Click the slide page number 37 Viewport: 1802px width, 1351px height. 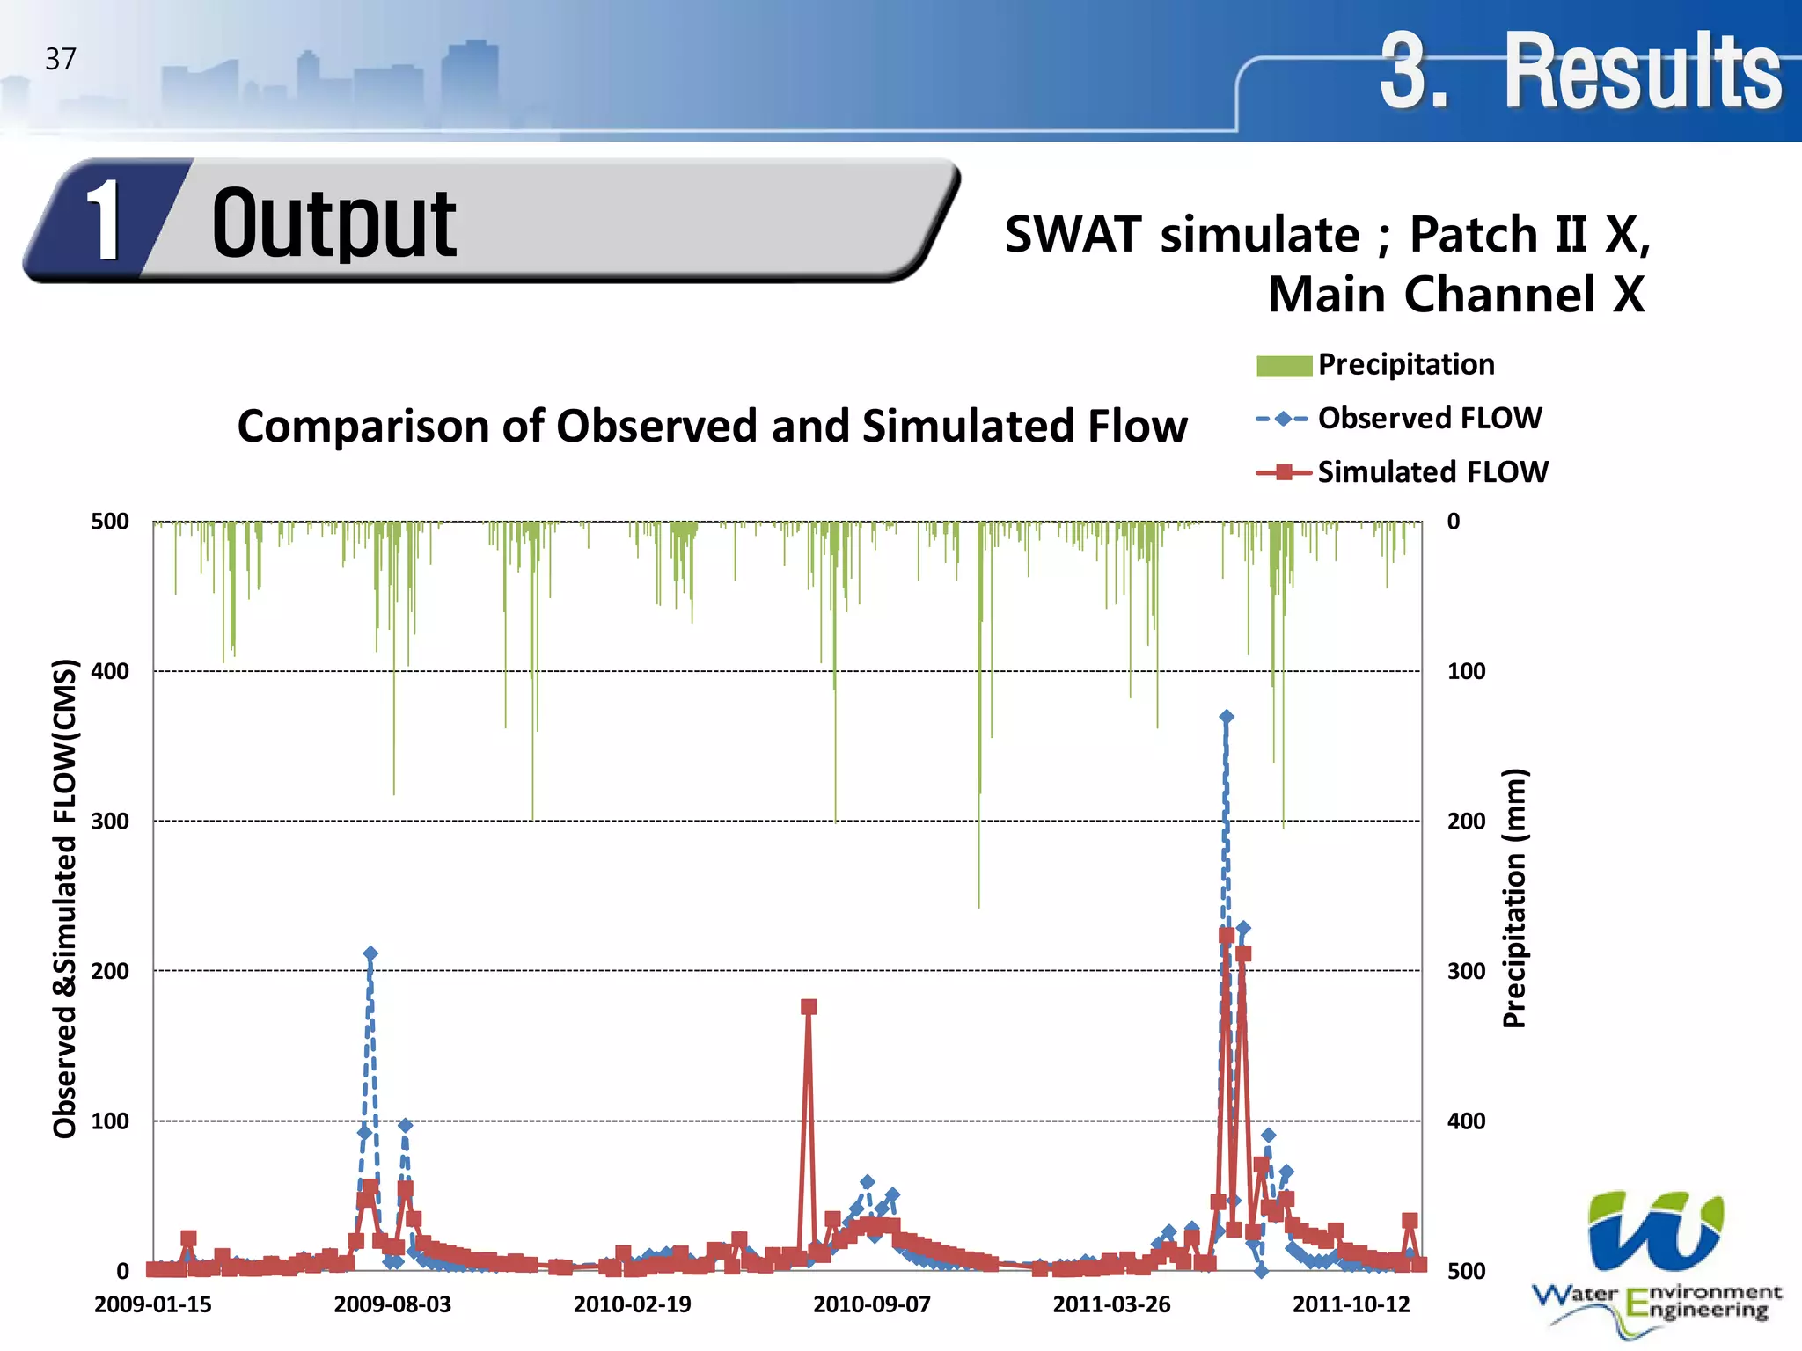(x=61, y=59)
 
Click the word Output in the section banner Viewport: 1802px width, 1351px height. (x=333, y=224)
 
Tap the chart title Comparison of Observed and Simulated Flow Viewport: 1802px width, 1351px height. (x=712, y=426)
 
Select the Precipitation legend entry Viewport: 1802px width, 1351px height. (x=1405, y=364)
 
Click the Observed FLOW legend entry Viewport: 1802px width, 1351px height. (x=1429, y=418)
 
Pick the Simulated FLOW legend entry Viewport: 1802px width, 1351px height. (x=1432, y=472)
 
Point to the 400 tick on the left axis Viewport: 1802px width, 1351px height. (x=110, y=671)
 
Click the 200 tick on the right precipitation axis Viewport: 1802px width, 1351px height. (x=1466, y=821)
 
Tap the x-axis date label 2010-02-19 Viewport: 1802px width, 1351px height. (x=632, y=1304)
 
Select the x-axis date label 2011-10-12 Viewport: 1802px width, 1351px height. (x=1351, y=1304)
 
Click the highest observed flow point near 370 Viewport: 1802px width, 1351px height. (x=1227, y=717)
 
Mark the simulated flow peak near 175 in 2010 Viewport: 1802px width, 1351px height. (x=809, y=1007)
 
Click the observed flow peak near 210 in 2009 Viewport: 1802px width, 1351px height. (x=370, y=953)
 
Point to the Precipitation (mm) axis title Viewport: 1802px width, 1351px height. (x=1513, y=897)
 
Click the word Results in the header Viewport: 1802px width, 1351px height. (x=1642, y=70)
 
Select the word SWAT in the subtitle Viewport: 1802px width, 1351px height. (x=1073, y=235)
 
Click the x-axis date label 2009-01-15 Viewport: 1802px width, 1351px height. (x=153, y=1304)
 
